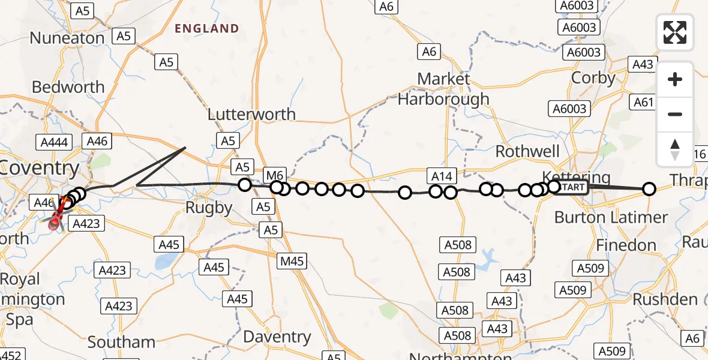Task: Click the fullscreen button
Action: coord(675,32)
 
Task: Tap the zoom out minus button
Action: coord(675,114)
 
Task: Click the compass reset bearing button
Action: coord(675,149)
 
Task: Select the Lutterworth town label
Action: coord(251,114)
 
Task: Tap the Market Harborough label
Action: coord(443,89)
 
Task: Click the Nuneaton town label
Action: coord(67,38)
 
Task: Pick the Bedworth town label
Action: coord(68,87)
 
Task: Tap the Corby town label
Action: coord(593,78)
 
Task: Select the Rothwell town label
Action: coord(527,151)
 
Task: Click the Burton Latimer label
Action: coord(611,217)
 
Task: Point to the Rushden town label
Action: coord(665,299)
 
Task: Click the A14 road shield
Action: coord(441,176)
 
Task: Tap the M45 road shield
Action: coord(292,261)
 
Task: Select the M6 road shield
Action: coord(274,175)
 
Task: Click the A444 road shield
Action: coord(54,142)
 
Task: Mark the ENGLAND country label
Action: coord(206,28)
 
